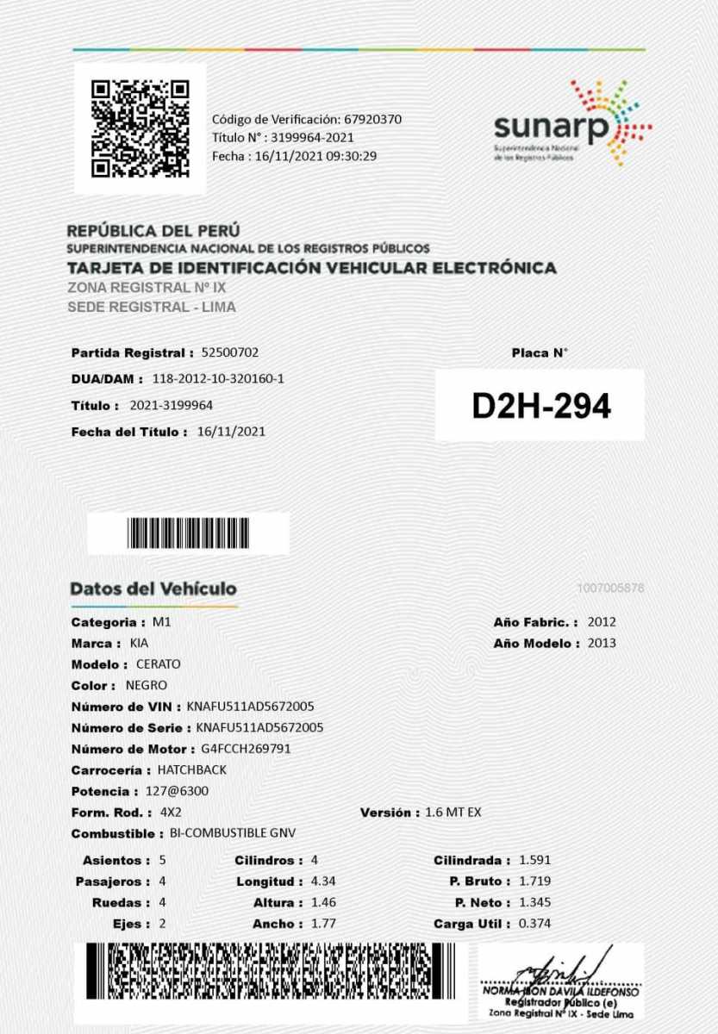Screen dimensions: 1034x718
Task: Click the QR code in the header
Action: pos(140,128)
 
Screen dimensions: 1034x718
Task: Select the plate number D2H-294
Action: pos(540,407)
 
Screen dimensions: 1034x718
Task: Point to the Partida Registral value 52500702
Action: pos(229,352)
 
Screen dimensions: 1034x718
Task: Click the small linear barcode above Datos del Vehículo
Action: pos(189,533)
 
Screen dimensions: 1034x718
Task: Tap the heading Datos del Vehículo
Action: pos(153,589)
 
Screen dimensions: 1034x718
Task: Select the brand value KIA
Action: pos(139,643)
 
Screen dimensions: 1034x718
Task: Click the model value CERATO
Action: pos(159,664)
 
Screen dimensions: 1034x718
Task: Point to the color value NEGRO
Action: pos(147,686)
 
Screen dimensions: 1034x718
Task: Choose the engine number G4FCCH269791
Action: pos(246,749)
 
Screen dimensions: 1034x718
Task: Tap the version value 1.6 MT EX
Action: pos(453,813)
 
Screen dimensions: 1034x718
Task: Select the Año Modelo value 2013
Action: pos(602,643)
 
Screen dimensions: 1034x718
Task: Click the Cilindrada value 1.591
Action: pos(534,860)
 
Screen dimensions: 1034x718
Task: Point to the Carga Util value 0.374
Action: pos(534,924)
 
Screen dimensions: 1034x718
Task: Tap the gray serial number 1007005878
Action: pos(611,589)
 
